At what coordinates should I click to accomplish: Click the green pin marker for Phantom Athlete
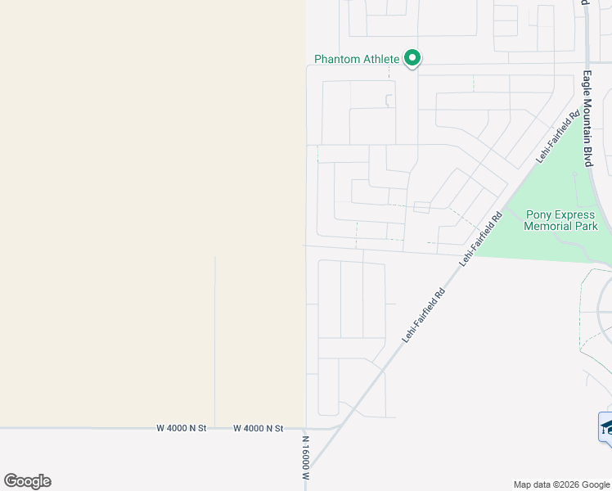pos(413,58)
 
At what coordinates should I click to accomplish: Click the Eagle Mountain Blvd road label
pos(587,119)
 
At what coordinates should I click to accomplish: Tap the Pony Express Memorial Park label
pos(560,220)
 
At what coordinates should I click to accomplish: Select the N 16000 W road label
pos(305,457)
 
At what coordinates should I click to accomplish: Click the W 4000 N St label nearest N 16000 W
pos(258,428)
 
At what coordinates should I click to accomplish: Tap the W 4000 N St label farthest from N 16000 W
pos(182,428)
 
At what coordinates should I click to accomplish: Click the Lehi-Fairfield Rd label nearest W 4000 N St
pos(422,315)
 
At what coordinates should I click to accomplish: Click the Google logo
pos(27,481)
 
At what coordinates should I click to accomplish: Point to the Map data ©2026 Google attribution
pos(561,484)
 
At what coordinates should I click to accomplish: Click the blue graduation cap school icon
pos(606,428)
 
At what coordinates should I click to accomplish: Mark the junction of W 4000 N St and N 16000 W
pos(306,428)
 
